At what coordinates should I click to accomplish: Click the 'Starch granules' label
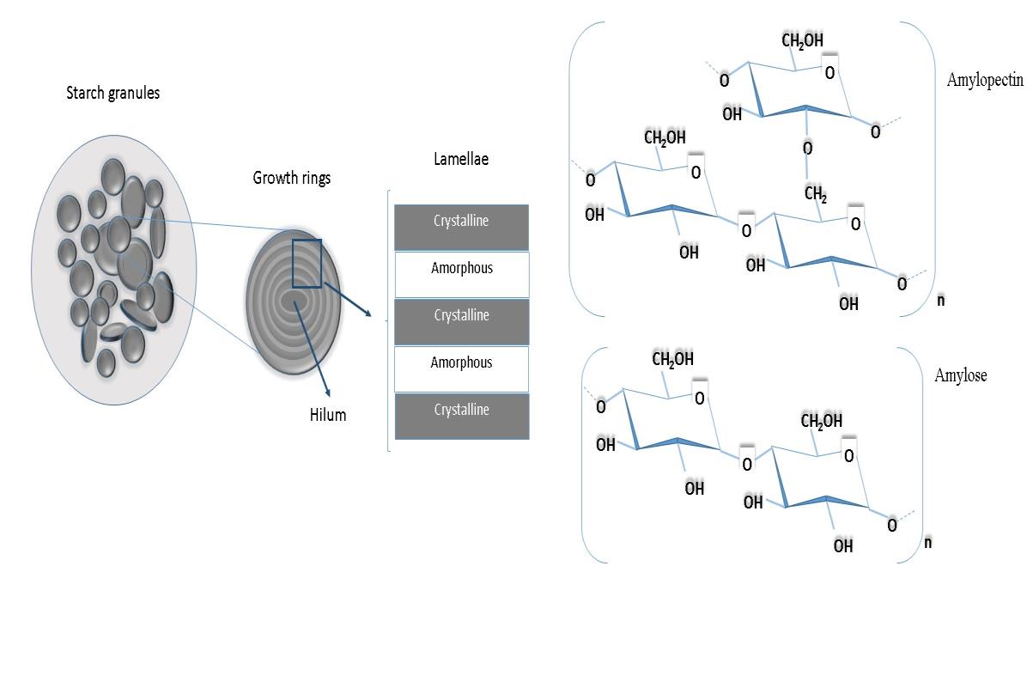pos(113,93)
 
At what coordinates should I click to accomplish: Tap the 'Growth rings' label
pos(291,178)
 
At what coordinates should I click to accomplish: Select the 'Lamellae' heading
pos(461,159)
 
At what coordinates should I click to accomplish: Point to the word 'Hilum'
pos(328,415)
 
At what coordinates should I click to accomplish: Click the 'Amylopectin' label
pos(985,80)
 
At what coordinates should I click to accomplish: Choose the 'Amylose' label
pos(961,375)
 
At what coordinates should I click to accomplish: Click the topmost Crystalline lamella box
pos(461,228)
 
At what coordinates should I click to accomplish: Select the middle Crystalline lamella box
pos(462,322)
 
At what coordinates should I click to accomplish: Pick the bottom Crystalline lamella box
pos(462,417)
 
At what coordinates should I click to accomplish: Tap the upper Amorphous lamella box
pos(462,275)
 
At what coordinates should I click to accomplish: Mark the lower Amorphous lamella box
pos(461,369)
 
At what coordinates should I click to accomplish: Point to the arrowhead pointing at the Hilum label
pos(328,393)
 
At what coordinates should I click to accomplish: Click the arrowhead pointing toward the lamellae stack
pos(368,314)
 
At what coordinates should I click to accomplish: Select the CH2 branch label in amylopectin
pos(816,194)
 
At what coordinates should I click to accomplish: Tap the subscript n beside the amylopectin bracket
pos(941,301)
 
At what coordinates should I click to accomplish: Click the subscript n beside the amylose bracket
pos(928,542)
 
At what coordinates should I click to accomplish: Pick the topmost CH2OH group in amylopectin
pos(802,40)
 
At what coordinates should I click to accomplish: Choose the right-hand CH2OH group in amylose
pos(821,421)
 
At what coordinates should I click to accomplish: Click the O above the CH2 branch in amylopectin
pos(807,148)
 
